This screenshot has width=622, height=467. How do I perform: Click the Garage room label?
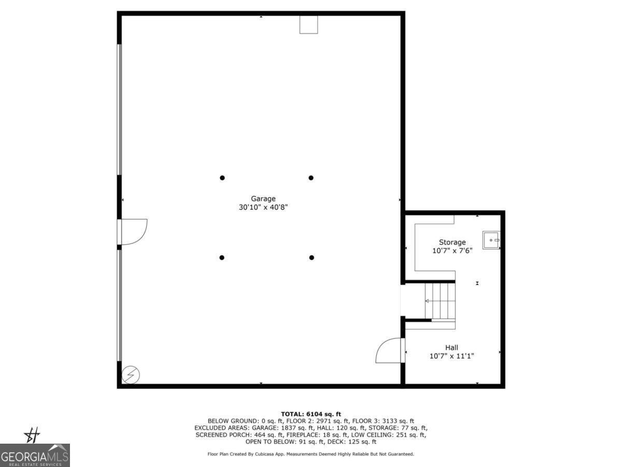tap(263, 198)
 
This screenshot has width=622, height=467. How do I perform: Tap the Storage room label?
tap(452, 242)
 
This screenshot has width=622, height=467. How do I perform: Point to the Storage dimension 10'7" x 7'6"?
tap(452, 251)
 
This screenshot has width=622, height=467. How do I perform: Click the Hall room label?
tap(451, 348)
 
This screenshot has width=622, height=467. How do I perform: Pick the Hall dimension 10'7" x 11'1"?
tap(452, 356)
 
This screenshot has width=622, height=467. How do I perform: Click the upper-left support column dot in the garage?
tap(222, 178)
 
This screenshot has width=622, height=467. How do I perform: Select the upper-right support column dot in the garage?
tap(311, 178)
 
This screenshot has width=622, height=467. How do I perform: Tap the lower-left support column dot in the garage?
tap(222, 257)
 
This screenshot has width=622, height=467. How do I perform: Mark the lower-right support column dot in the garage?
tap(312, 257)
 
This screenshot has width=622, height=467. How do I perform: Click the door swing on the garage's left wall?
tap(135, 231)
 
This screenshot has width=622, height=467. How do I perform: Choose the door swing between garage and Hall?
tap(389, 351)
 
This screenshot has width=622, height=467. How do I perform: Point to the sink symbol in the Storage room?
tap(491, 240)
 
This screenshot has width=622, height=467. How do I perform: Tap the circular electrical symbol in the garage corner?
tap(130, 374)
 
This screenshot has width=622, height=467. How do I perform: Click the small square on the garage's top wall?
tap(308, 25)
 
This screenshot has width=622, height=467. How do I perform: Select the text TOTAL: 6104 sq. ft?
tap(311, 414)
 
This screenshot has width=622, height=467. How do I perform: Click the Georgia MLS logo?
tap(35, 455)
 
